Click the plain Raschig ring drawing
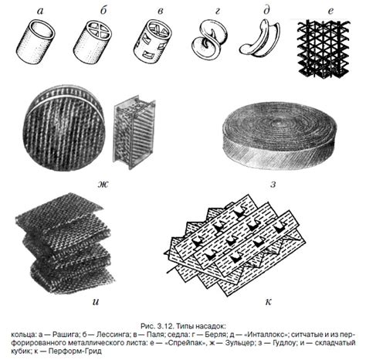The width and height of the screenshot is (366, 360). point(36,41)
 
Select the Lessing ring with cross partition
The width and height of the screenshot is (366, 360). point(93,42)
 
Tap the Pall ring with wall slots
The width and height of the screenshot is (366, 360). point(153,42)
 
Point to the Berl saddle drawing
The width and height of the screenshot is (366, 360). point(209,39)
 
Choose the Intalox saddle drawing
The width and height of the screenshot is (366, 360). point(260,39)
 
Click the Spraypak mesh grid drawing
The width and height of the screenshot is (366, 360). point(324,48)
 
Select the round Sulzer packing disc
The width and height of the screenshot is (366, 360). point(64,130)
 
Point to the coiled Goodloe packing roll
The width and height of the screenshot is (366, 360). point(280,136)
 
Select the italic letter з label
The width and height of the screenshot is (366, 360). point(273,185)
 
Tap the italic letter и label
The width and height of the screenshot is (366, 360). point(96,302)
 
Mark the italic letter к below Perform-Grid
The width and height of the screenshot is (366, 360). point(268,302)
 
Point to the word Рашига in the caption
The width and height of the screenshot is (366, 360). point(64,335)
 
